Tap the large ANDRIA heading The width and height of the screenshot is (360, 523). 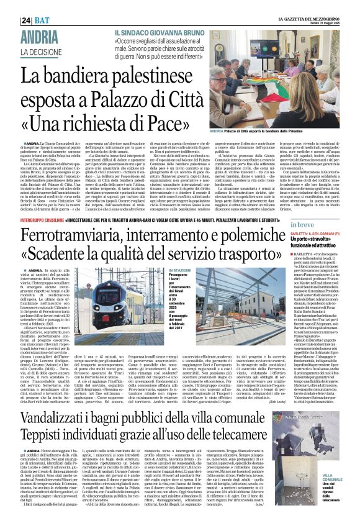point(41,36)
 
